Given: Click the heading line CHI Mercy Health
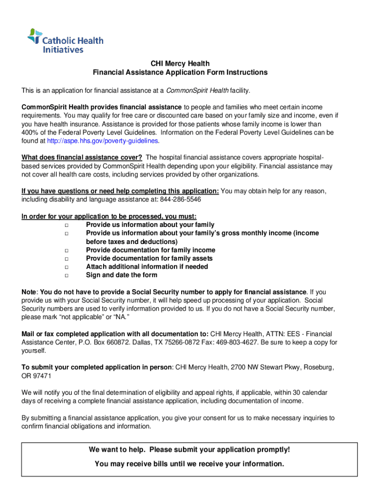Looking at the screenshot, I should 180,64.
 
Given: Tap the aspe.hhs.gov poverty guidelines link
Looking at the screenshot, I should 103,141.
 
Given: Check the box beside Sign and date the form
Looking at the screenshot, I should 67,275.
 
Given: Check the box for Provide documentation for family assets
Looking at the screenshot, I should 67,259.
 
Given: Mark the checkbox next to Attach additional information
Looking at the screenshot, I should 67,267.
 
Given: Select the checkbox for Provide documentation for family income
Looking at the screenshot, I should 67,250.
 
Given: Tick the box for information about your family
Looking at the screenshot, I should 67,225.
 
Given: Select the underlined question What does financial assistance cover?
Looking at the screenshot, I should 82,157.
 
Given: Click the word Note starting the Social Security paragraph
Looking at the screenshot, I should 29,292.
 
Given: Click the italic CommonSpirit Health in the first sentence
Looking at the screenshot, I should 197,90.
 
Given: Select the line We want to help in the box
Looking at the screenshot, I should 189,450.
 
